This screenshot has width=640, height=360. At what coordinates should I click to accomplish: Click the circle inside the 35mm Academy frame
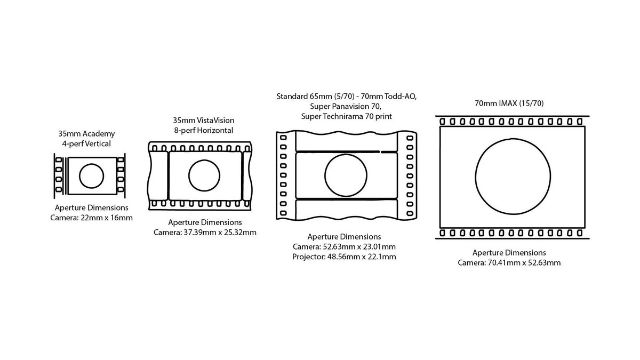pos(79,176)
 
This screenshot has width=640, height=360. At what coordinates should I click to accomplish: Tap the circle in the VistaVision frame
pos(188,175)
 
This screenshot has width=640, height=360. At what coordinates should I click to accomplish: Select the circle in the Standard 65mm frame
pos(325,175)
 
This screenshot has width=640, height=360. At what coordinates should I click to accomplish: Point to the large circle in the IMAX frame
pos(475,177)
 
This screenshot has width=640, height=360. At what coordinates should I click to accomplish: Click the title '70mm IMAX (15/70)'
pos(509,103)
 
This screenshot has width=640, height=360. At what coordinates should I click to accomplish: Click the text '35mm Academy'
pos(86,134)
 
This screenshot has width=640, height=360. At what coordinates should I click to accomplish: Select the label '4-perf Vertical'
pos(86,143)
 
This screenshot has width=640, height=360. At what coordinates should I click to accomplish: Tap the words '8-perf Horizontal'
pos(203,130)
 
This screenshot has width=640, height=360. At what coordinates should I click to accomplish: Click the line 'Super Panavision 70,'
pos(346,106)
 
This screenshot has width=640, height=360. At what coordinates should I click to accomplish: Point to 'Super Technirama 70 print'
pos(346,116)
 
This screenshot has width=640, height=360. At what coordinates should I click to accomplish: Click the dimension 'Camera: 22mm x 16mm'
pos(91,218)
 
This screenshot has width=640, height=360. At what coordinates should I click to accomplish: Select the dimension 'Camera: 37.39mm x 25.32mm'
pos(205,233)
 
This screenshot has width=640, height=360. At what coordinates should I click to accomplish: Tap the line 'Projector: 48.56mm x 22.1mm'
pos(344,257)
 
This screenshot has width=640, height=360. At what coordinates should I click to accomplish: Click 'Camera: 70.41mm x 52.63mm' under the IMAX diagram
pos(509,262)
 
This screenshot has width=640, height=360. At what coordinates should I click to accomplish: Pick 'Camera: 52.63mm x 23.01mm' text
pos(344,246)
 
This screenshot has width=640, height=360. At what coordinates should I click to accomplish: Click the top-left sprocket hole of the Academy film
pos(59,159)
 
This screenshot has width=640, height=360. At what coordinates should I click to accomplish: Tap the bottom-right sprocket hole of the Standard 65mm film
pos(410,213)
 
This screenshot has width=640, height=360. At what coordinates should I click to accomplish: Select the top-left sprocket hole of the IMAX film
pos(442,122)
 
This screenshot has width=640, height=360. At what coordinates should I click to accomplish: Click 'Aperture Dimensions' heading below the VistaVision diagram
pos(205,222)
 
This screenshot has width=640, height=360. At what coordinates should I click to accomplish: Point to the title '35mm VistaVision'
pos(203,121)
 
